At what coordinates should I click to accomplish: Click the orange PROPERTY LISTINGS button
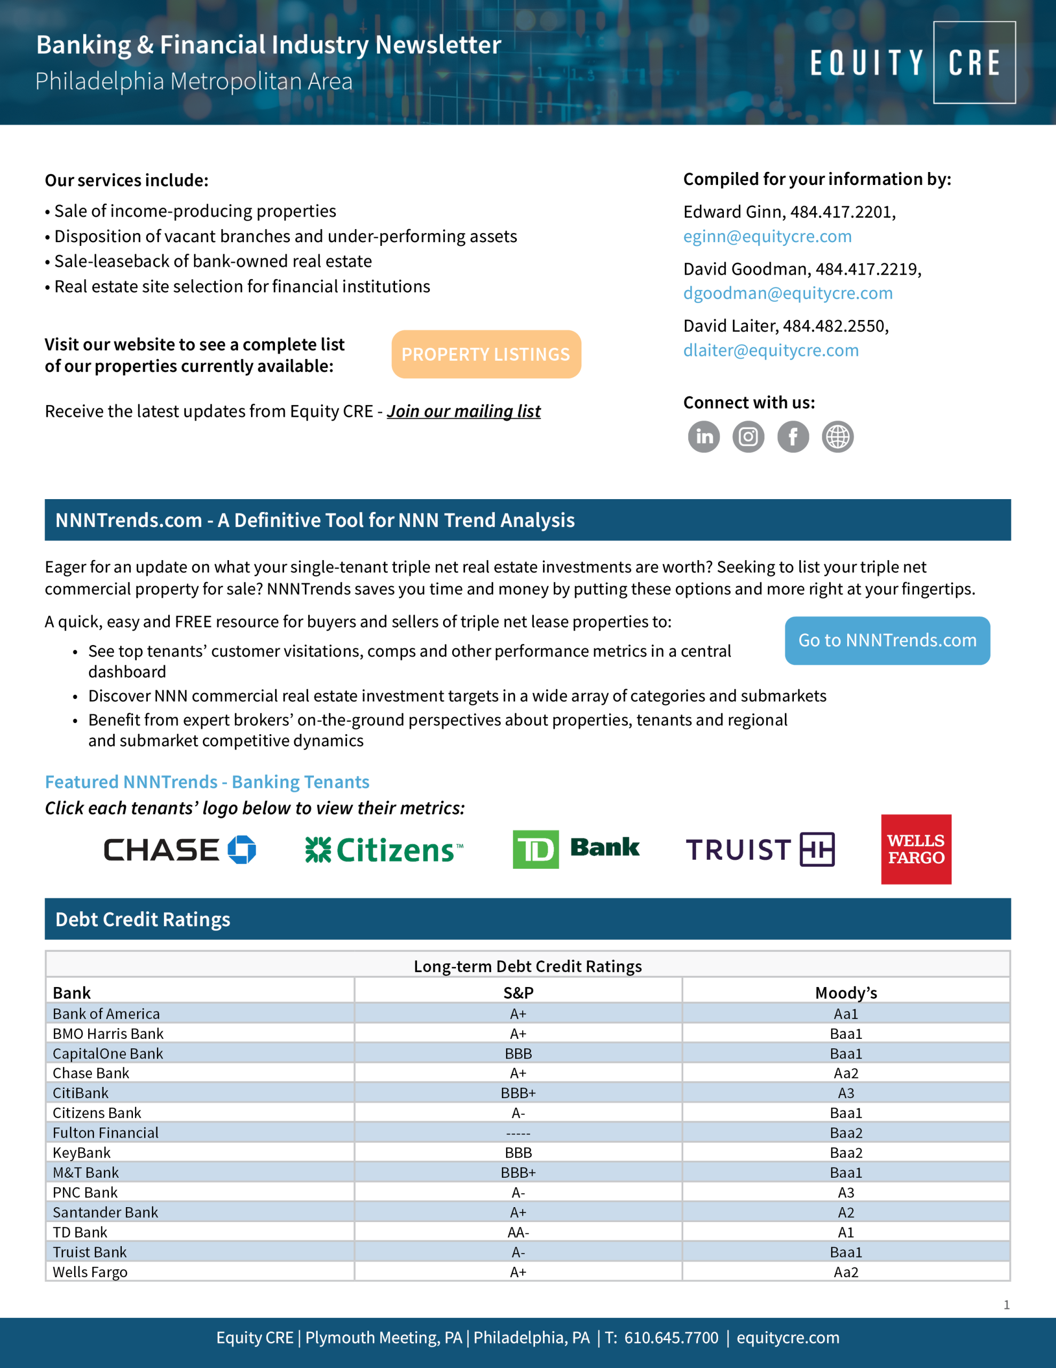coord(486,354)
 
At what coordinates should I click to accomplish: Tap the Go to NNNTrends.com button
coord(887,640)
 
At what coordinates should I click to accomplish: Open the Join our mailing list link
coord(463,411)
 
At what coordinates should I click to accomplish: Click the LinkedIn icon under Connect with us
coord(704,437)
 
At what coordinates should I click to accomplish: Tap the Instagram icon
coord(748,437)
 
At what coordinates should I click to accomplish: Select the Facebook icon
coord(793,437)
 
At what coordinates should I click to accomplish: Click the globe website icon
coord(838,437)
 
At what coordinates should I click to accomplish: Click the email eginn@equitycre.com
coord(767,237)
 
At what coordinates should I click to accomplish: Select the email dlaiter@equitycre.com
coord(770,351)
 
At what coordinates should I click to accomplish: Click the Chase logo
coord(180,850)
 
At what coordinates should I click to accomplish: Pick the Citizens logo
coord(384,850)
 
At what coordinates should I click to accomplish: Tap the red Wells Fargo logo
coord(916,849)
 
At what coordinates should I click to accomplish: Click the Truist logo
coord(760,850)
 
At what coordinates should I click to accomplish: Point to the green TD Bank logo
coord(576,849)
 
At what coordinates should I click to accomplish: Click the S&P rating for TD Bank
coord(518,1233)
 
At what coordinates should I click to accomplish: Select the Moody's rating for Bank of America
coord(846,1014)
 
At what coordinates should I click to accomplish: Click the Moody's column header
coord(846,993)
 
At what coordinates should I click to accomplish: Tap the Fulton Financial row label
coord(105,1133)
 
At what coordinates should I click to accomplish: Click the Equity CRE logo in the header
coord(912,63)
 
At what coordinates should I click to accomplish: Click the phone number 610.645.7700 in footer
coord(671,1338)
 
